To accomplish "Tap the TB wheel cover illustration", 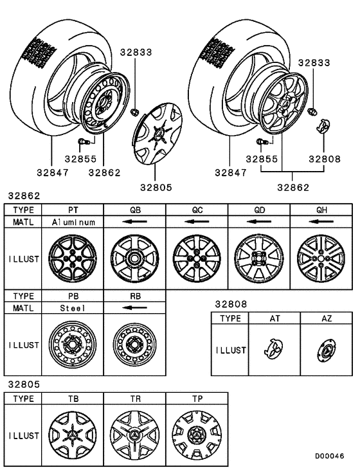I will click(73, 435).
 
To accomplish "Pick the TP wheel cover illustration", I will click(197, 435).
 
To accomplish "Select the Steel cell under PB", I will click(73, 308).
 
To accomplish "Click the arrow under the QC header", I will click(197, 222).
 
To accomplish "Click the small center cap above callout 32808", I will click(323, 124).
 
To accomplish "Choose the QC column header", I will click(197, 209).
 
